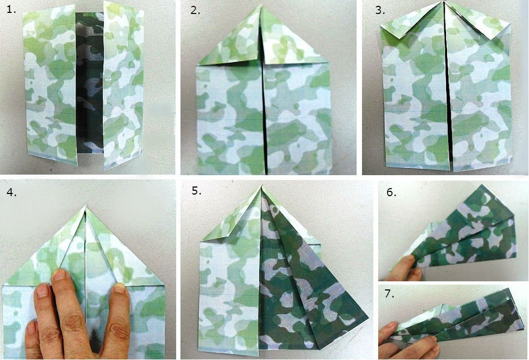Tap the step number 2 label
(195, 10)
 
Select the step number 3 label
(380, 10)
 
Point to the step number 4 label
(12, 192)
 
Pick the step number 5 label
(197, 191)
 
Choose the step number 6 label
(391, 192)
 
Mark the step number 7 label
(389, 294)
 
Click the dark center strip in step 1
(90, 82)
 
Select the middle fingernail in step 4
(60, 275)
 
